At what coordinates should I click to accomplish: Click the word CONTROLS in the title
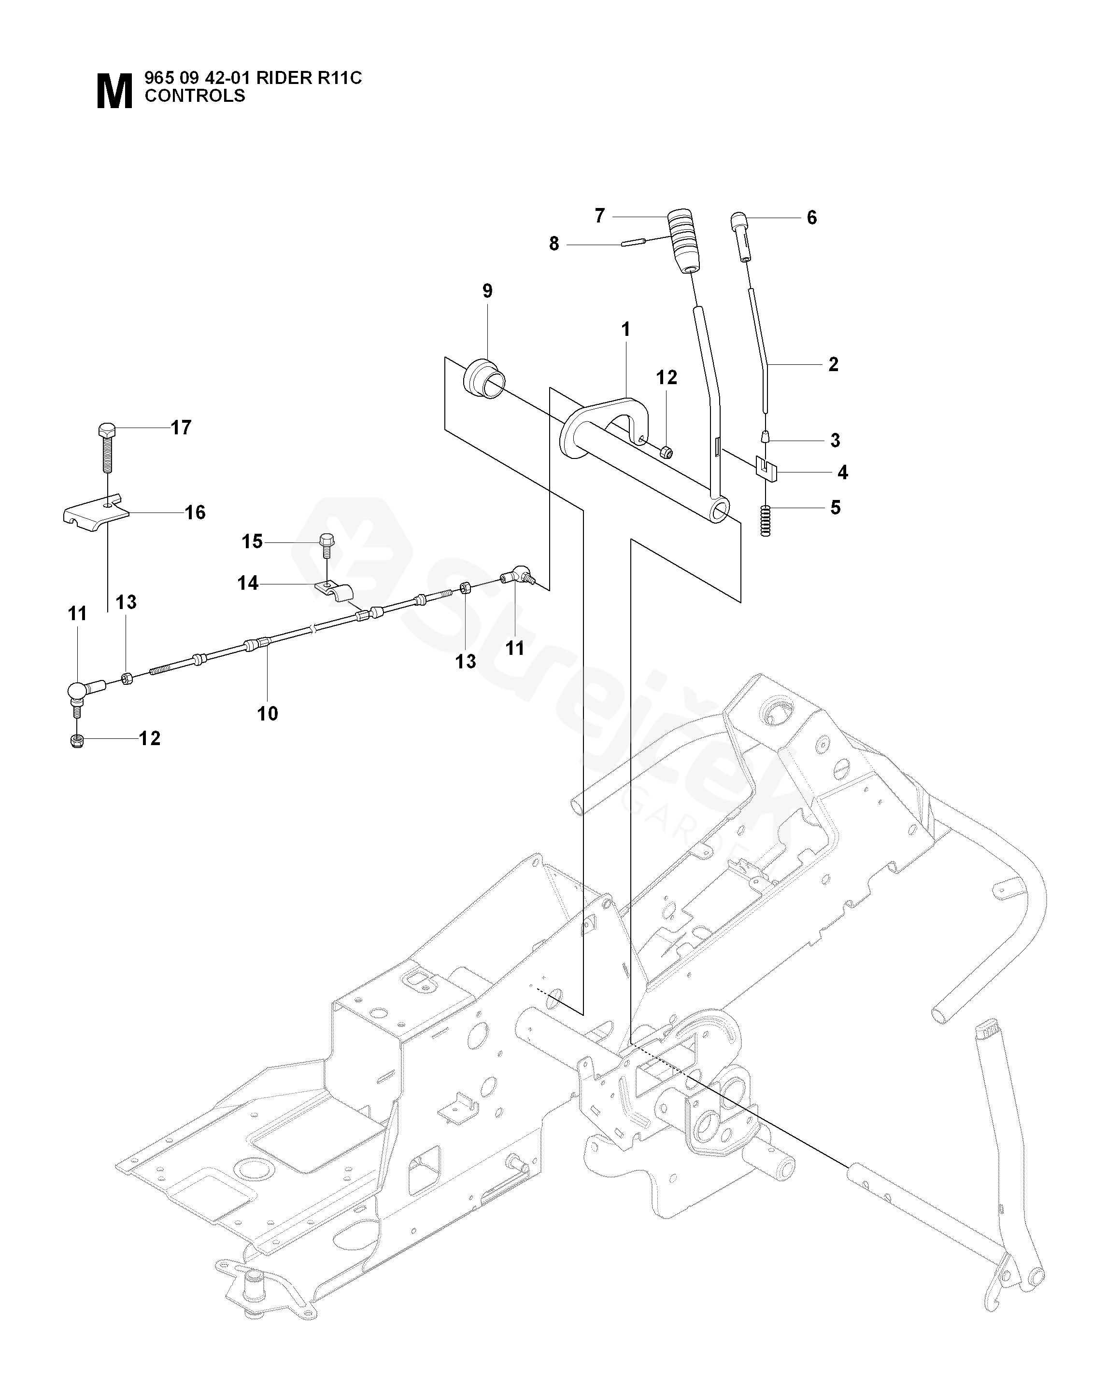point(195,96)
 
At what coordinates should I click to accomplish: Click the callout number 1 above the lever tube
point(625,330)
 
